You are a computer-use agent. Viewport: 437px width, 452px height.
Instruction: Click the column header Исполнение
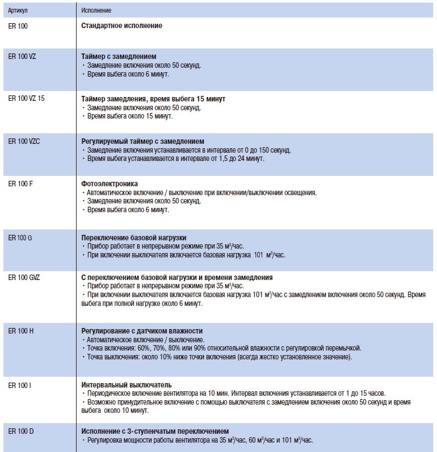point(96,10)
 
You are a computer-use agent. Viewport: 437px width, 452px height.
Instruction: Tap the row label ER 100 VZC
point(24,141)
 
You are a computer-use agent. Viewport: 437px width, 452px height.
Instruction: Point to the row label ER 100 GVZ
point(24,277)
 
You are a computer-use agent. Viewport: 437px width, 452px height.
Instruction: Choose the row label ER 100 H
point(21,330)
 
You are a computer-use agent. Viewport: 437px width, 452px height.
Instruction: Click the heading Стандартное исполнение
point(122,25)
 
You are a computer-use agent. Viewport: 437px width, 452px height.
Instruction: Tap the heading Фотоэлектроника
point(110,184)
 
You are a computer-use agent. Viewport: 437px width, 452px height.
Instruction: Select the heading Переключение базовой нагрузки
point(134,237)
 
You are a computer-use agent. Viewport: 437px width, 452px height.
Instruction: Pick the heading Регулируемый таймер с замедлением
point(143,141)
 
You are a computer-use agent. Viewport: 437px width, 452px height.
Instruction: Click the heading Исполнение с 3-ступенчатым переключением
point(155,431)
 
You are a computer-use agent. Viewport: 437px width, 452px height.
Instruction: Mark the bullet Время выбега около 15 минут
point(130,116)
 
